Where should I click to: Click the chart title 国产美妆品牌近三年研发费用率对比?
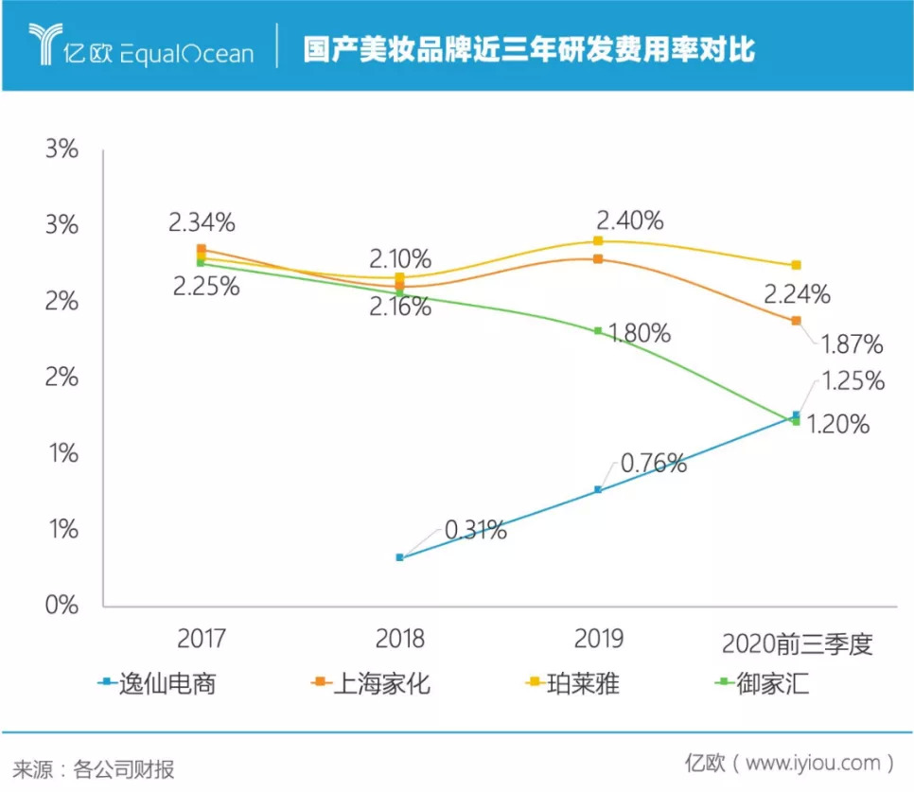pos(529,49)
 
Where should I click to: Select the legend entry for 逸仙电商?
pos(156,682)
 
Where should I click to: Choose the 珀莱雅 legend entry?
pos(571,682)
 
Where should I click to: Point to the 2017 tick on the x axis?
pos(201,640)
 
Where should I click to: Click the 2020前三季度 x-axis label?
pos(796,645)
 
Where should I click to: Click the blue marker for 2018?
pos(399,557)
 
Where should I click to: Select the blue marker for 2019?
pos(598,489)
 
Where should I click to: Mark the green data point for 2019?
pos(598,330)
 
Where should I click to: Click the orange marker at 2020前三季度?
pos(796,321)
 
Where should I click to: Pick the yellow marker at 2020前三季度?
pos(796,265)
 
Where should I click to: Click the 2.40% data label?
pos(629,221)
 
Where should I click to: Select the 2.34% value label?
pos(202,223)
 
